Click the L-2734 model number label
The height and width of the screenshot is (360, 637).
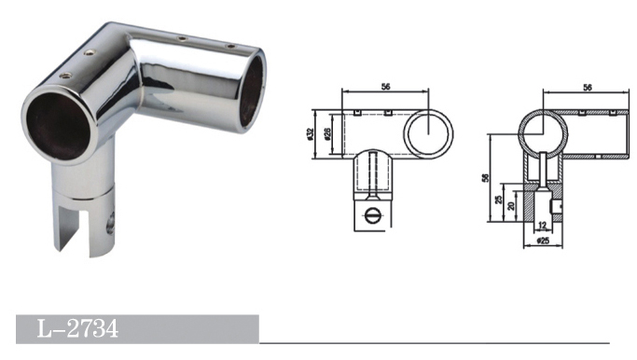click(x=77, y=328)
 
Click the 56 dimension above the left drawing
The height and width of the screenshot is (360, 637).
click(x=385, y=87)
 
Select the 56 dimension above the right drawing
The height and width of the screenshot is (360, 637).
click(x=587, y=88)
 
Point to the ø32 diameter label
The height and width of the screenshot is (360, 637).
click(x=311, y=133)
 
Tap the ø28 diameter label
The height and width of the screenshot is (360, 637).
click(x=328, y=133)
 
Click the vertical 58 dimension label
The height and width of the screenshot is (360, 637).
click(x=485, y=177)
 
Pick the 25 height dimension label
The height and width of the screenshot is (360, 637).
click(x=499, y=200)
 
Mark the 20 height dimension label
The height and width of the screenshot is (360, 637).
click(x=511, y=205)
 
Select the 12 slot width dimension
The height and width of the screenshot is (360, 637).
click(x=543, y=225)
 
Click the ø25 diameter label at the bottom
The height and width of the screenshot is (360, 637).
click(x=543, y=241)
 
